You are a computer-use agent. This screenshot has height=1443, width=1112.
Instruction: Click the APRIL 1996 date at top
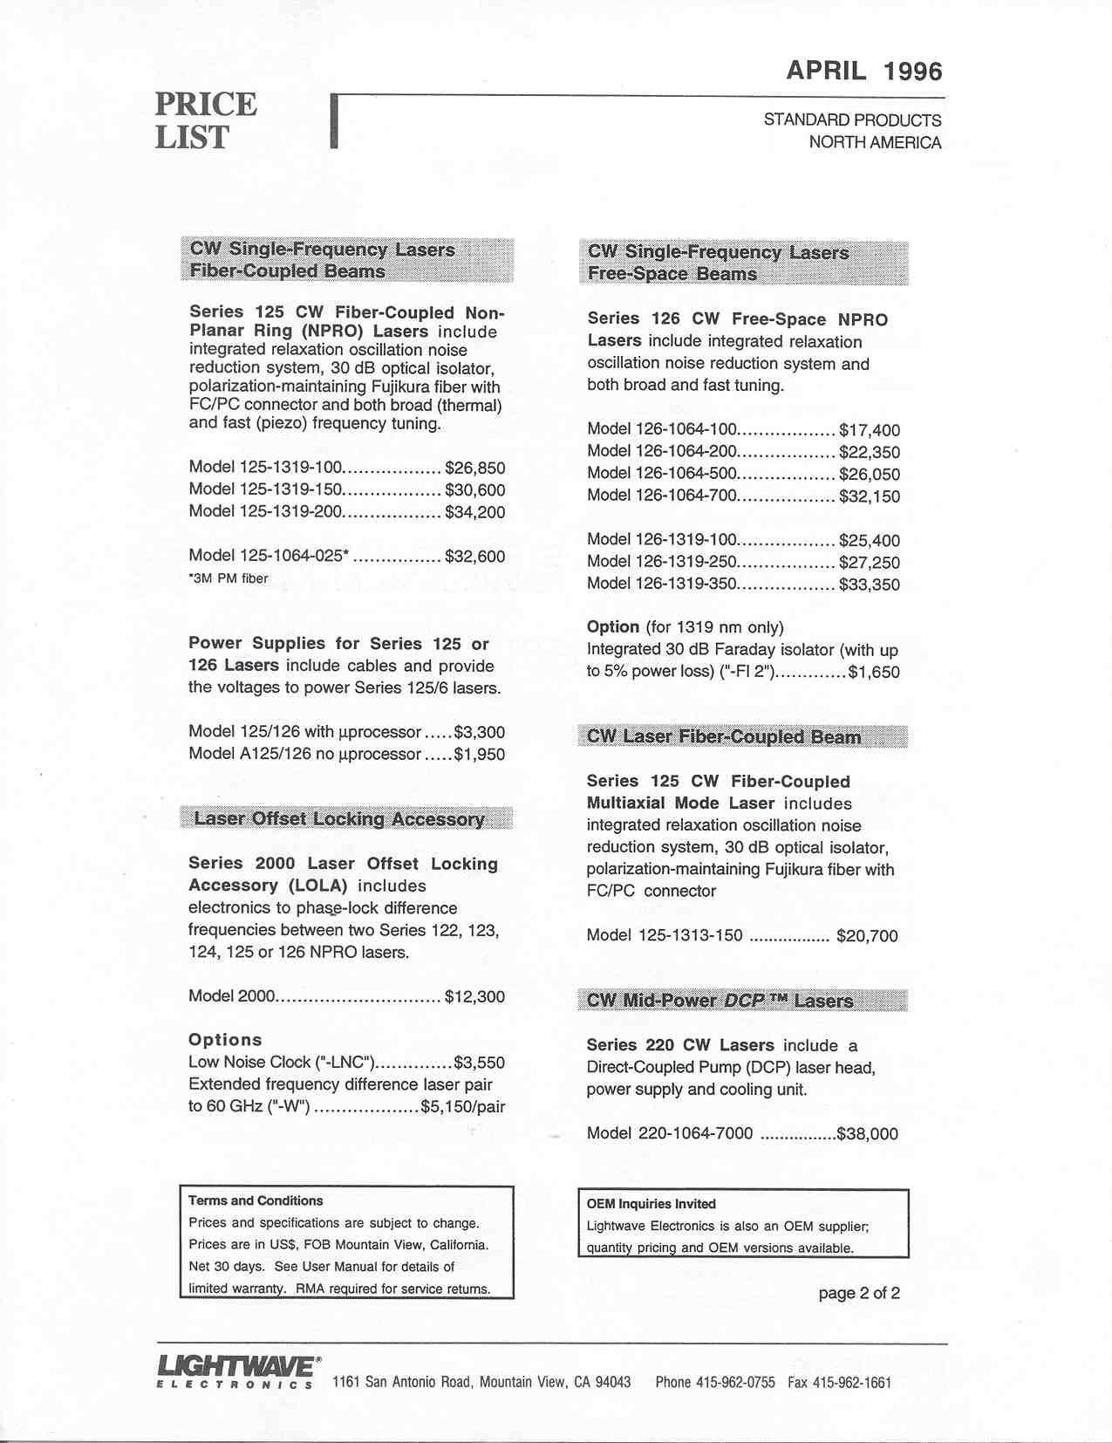[x=863, y=71]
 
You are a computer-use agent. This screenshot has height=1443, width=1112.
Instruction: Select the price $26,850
[x=474, y=468]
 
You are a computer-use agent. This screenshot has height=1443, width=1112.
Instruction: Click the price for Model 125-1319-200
[x=474, y=512]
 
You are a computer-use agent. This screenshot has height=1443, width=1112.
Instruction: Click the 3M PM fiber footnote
[x=229, y=578]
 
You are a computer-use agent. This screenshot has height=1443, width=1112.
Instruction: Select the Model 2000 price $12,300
[x=474, y=996]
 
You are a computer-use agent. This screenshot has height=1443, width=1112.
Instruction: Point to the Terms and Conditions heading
[x=256, y=1200]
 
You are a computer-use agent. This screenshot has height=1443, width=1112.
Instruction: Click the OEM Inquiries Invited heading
[x=651, y=1204]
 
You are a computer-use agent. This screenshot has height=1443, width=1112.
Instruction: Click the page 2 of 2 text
[x=858, y=1293]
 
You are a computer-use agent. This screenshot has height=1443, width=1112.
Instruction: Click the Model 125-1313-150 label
[x=665, y=936]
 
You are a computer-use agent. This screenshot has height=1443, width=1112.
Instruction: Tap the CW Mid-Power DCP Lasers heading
[x=720, y=1001]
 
